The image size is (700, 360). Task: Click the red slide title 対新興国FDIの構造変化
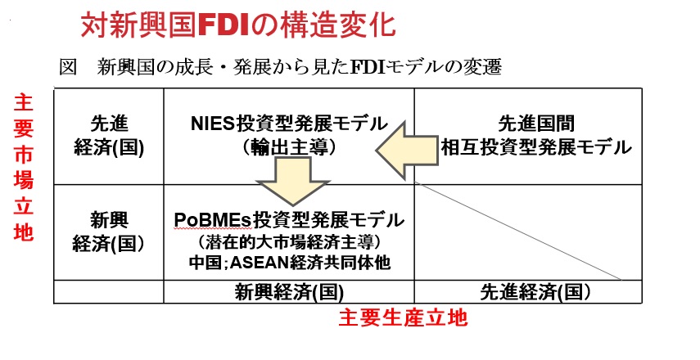tap(238, 25)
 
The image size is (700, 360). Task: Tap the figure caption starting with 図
tap(280, 67)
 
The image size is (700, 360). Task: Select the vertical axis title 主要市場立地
tap(23, 167)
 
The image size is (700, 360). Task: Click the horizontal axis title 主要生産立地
tap(403, 318)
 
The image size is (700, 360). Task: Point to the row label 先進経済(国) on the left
tap(109, 136)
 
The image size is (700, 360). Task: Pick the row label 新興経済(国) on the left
tap(109, 232)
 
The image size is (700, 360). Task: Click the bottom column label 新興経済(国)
tap(289, 292)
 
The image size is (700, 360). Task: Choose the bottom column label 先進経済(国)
tap(535, 292)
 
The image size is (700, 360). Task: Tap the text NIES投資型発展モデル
tap(289, 124)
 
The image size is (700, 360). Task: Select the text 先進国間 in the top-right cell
tap(535, 124)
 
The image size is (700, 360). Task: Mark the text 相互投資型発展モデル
tap(536, 147)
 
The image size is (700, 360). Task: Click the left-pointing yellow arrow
tap(406, 151)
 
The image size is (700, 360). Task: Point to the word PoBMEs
tap(213, 219)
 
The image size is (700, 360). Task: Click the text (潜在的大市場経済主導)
tap(289, 242)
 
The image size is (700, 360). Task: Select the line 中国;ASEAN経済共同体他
tap(289, 263)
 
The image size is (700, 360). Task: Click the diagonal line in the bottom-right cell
tap(518, 231)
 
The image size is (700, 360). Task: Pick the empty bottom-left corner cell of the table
tap(109, 292)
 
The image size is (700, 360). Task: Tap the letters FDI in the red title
tap(223, 26)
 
